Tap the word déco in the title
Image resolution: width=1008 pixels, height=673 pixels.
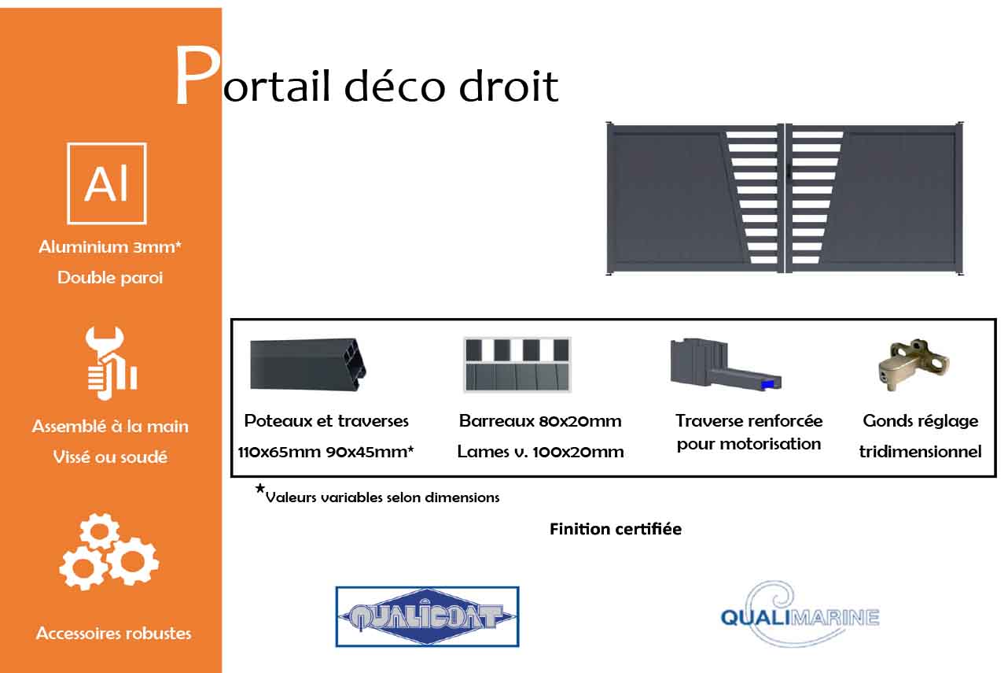pyautogui.click(x=395, y=86)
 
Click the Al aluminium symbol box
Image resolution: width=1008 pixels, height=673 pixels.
pyautogui.click(x=107, y=183)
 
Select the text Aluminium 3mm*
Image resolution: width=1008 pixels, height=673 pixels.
pyautogui.click(x=110, y=247)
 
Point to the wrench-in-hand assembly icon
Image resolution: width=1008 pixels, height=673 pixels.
pyautogui.click(x=112, y=363)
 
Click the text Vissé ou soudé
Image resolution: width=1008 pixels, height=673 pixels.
pyautogui.click(x=110, y=457)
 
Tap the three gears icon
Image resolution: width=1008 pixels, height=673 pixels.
pyautogui.click(x=109, y=551)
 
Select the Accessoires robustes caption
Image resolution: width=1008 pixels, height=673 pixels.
pyautogui.click(x=113, y=634)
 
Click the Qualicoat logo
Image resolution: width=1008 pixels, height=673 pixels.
pyautogui.click(x=427, y=616)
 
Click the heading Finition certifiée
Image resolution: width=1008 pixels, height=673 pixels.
pyautogui.click(x=616, y=529)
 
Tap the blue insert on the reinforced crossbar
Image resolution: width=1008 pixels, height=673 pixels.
pyautogui.click(x=767, y=385)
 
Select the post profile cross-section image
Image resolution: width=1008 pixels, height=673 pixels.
pyautogui.click(x=307, y=364)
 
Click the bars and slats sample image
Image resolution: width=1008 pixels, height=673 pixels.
pyautogui.click(x=517, y=364)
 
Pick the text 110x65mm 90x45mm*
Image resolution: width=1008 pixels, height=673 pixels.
pyautogui.click(x=326, y=451)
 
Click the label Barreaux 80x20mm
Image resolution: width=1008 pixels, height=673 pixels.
pyautogui.click(x=540, y=421)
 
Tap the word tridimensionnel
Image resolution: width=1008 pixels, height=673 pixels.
pyautogui.click(x=920, y=451)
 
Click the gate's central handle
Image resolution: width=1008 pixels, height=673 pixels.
pyautogui.click(x=789, y=172)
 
